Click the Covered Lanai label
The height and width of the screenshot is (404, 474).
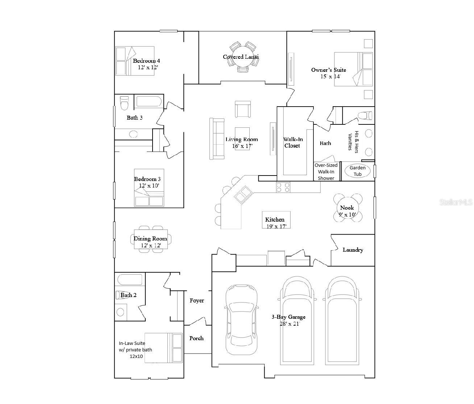[241, 57]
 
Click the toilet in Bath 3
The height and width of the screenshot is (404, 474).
[124, 103]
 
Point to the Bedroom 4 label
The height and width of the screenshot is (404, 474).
[146, 61]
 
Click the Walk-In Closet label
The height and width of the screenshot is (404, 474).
[292, 143]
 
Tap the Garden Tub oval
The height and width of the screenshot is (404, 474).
[357, 171]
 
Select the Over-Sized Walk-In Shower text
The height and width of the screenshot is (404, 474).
[326, 172]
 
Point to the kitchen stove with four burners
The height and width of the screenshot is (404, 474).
[283, 187]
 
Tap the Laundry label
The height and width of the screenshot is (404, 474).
[353, 250]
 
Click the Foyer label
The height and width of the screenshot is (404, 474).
[197, 301]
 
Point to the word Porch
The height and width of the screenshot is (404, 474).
[196, 338]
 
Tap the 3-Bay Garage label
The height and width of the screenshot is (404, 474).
[288, 317]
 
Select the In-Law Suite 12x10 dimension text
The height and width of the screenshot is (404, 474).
[136, 356]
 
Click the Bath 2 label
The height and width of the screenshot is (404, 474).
[129, 295]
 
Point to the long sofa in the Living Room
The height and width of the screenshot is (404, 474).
[217, 139]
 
